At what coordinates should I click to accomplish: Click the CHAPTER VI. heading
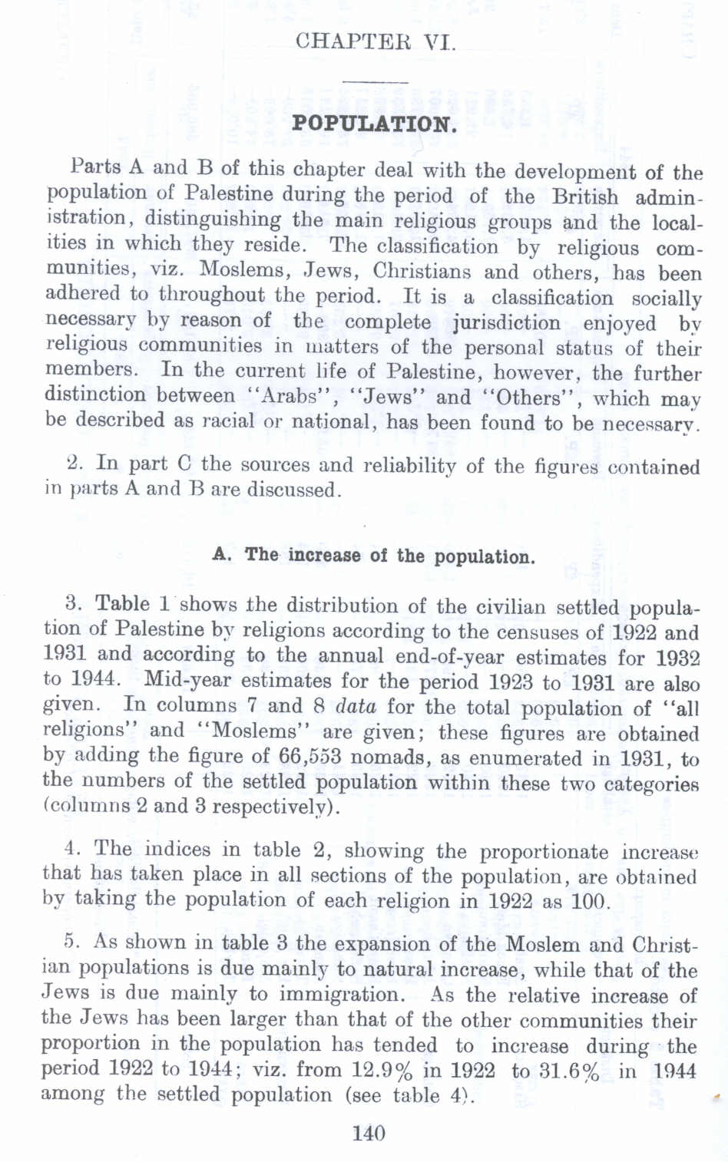click(375, 40)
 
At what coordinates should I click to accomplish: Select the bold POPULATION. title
click(375, 124)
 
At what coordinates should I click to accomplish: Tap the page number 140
click(369, 1133)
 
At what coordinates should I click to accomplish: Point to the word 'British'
click(584, 196)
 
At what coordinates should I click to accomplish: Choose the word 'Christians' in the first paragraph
click(422, 272)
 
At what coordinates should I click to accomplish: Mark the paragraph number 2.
click(75, 463)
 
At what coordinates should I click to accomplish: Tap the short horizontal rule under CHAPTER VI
click(375, 82)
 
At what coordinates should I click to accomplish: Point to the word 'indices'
click(177, 850)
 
